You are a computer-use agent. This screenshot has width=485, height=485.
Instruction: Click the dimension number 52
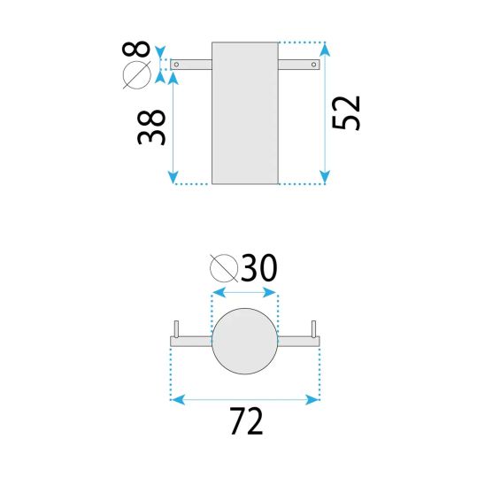[346, 113]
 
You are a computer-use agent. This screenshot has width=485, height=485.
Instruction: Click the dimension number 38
[151, 127]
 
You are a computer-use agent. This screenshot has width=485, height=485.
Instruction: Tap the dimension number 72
[246, 421]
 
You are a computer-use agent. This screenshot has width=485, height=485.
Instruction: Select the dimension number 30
[259, 268]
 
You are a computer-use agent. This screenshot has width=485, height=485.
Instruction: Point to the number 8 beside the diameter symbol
[136, 49]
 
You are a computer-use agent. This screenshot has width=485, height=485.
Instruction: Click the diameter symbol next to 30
[224, 268]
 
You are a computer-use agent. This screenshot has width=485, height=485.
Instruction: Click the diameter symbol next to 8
[136, 75]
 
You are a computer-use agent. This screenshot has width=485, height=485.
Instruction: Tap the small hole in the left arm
[176, 65]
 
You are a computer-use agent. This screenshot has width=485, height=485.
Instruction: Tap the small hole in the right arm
[313, 65]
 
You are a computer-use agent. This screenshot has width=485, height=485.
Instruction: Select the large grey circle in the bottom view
[245, 341]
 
